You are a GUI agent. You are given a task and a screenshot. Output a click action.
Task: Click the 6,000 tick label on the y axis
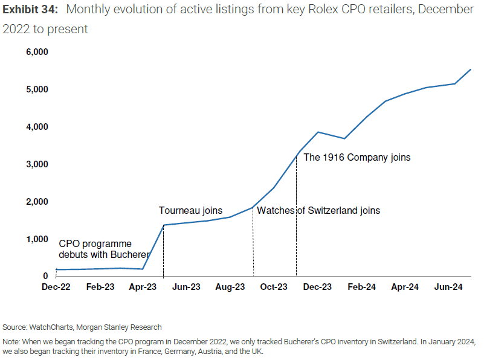tap(36, 52)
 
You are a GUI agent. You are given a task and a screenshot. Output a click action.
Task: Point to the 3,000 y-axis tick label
tap(36, 164)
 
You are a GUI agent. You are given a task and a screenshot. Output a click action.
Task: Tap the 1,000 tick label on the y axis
tap(36, 239)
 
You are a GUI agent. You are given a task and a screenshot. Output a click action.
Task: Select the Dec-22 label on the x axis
tap(56, 287)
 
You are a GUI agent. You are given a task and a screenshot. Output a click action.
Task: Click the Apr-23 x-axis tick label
tap(143, 287)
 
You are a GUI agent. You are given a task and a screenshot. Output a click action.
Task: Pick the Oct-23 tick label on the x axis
tap(274, 287)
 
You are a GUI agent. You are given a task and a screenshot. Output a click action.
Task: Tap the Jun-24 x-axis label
tap(449, 287)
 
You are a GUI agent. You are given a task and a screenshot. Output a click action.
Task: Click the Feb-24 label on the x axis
tap(361, 287)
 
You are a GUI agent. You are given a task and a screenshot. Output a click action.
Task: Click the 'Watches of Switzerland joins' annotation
tap(318, 211)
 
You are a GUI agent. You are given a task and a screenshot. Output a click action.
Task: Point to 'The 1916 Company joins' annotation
tap(357, 158)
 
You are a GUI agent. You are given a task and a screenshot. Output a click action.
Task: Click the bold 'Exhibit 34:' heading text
tap(30, 10)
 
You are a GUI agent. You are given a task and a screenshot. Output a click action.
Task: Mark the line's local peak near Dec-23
tap(318, 132)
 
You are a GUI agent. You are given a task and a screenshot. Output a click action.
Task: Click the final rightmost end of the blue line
tap(471, 69)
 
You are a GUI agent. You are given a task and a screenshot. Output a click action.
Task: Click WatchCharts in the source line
tap(50, 327)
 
